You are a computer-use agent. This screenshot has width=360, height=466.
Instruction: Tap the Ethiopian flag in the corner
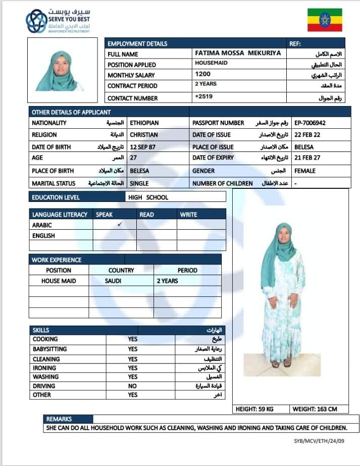[325, 20]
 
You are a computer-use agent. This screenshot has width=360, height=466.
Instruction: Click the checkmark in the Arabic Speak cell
[119, 225]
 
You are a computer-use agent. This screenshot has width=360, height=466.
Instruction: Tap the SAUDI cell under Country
[113, 281]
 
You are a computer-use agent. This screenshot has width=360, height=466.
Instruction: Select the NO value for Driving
[132, 386]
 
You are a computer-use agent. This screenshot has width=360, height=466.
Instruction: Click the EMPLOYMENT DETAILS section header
[137, 44]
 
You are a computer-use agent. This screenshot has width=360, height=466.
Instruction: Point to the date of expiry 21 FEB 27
[307, 158]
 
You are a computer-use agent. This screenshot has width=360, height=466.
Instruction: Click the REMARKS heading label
[59, 419]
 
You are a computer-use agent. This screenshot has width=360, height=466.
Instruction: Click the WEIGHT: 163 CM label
[315, 408]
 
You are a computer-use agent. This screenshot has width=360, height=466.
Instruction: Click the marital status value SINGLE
[139, 183]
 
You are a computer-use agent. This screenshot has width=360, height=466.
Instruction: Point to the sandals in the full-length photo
[281, 363]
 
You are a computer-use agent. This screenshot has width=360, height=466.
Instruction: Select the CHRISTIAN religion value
[144, 135]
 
